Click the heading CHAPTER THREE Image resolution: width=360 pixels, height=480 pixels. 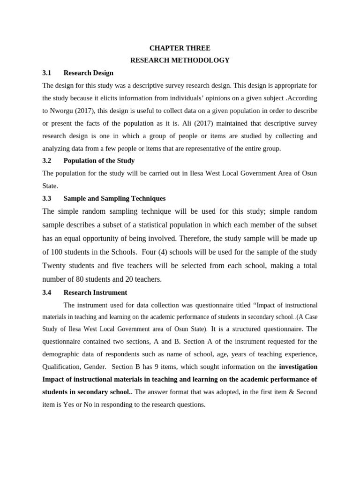pos(180,48)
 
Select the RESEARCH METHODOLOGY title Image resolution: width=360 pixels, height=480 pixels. pos(180,60)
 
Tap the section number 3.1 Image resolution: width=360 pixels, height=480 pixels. pos(46,73)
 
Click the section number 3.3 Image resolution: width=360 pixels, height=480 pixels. pos(46,198)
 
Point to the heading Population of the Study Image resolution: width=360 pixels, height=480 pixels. pos(99,161)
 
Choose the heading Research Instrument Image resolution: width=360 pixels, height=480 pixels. pos(95,292)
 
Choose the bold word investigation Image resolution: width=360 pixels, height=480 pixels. pos(298,367)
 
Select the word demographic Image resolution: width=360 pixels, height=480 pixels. pos(61,354)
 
